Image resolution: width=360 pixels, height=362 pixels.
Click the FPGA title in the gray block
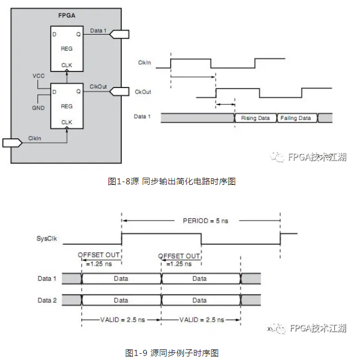tap(66, 15)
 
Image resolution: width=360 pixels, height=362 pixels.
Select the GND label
tap(38, 108)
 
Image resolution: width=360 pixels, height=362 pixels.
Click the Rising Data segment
tap(255, 118)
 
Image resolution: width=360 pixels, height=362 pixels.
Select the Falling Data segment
tap(296, 118)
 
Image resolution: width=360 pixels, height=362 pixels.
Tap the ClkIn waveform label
tap(145, 63)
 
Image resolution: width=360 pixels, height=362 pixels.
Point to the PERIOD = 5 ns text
tap(205, 221)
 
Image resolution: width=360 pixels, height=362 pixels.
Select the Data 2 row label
tap(47, 300)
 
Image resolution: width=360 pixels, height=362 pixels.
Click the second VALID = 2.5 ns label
tap(200, 320)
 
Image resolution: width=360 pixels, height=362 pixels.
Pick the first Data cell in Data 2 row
tap(121, 300)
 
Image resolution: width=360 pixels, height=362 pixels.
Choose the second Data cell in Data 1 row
tap(200, 278)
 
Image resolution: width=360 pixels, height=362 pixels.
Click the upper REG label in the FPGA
tap(67, 48)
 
